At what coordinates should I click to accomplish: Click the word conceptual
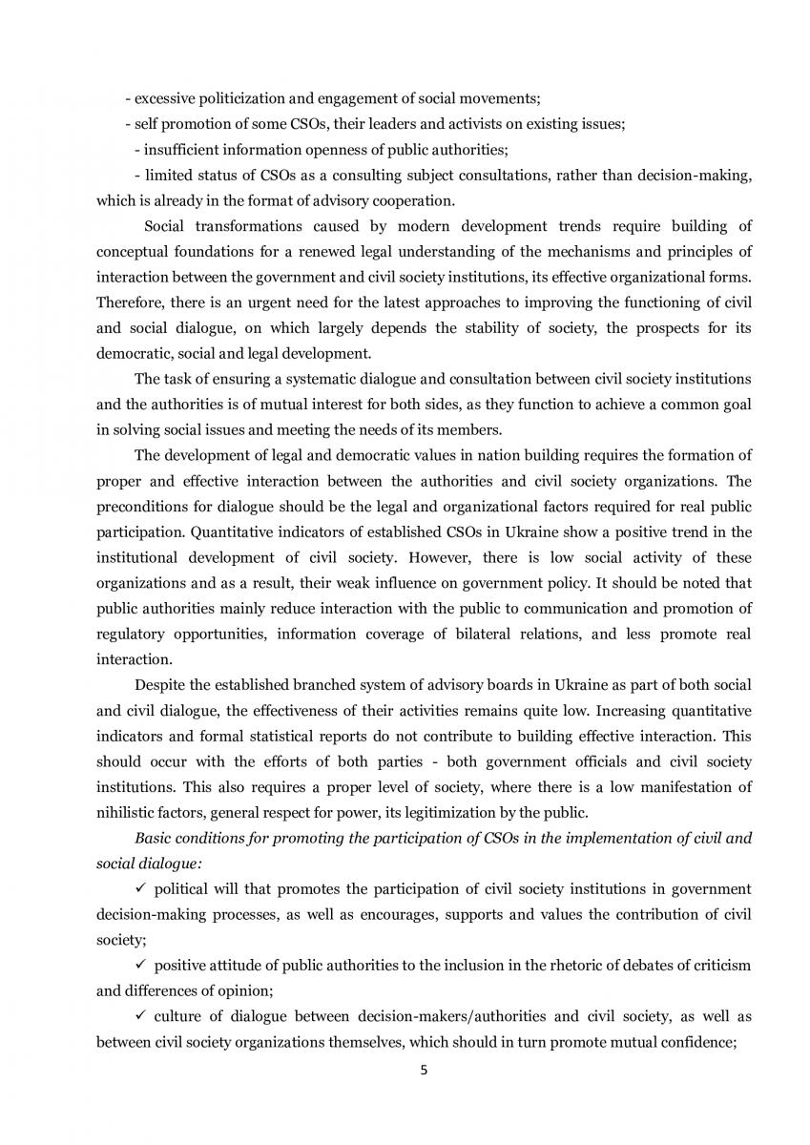pos(133,252)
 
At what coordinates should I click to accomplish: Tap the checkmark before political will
pos(140,888)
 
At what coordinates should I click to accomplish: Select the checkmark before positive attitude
pos(140,965)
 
